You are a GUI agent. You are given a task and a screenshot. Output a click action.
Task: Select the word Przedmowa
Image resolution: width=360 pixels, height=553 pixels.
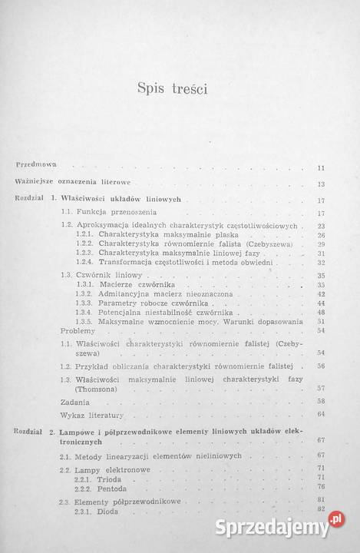(x=39, y=165)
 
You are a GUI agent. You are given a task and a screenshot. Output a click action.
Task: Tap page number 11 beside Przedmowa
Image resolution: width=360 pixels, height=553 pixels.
(x=321, y=167)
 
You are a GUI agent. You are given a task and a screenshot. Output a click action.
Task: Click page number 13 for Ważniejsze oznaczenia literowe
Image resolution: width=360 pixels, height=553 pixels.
(x=321, y=184)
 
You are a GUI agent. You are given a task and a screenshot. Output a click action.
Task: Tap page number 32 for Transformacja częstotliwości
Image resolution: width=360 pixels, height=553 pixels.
(x=321, y=263)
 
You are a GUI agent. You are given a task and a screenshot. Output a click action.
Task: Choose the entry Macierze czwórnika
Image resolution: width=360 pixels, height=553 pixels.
(x=135, y=284)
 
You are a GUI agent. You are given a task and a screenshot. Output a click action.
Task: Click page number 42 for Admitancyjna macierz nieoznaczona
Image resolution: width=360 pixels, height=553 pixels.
(x=321, y=294)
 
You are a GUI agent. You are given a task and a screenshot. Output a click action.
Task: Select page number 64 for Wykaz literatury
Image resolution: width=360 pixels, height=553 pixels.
(x=321, y=415)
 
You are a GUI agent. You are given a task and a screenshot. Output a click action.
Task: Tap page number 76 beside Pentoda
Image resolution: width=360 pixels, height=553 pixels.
(x=321, y=486)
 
